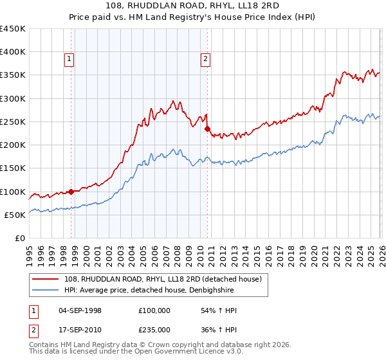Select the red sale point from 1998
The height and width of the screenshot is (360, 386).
click(x=71, y=191)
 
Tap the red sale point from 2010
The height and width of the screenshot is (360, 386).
click(x=207, y=129)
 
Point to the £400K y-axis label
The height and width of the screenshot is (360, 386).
click(x=13, y=52)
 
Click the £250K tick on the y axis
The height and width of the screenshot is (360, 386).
click(x=13, y=122)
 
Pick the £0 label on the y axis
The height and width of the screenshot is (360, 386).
click(x=19, y=238)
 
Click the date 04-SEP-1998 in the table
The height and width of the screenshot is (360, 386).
click(x=80, y=310)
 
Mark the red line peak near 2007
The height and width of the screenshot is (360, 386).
click(x=173, y=100)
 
